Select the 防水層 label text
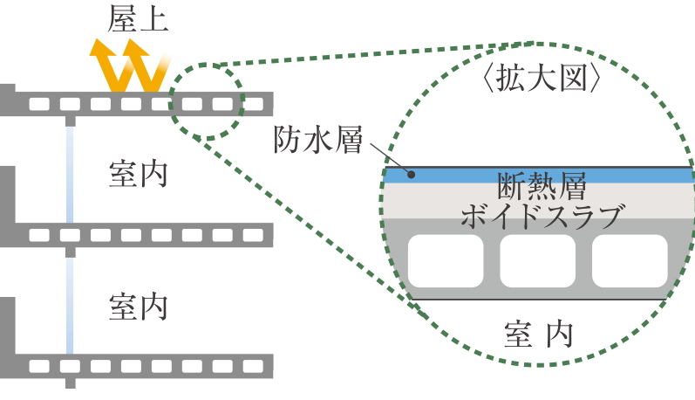pos(317,139)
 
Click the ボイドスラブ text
pos(541,214)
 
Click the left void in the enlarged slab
pos(445,262)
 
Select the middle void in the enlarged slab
pos(538,262)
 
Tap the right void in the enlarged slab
pos(630,262)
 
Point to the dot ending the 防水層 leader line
pos(412,175)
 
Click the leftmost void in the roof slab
pos(38,105)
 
